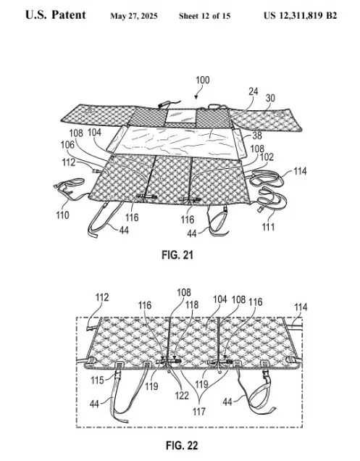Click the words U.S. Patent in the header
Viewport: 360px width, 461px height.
tap(56, 15)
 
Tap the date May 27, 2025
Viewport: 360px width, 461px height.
tap(134, 16)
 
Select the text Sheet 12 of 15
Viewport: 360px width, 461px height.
tap(204, 16)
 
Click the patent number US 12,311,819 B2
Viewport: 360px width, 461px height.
tap(300, 15)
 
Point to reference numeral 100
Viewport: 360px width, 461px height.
tap(203, 80)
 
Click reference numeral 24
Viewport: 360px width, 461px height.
tap(253, 91)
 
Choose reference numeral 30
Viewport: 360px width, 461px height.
tap(270, 98)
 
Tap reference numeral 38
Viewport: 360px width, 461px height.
tap(257, 136)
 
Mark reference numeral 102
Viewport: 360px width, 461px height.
tap(267, 157)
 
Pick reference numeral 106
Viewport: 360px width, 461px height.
tap(67, 145)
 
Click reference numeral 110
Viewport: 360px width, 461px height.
tap(62, 215)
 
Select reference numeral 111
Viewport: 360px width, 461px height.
tap(268, 227)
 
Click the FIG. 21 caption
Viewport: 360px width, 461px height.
tap(177, 254)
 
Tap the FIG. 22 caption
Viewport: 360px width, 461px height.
tap(182, 445)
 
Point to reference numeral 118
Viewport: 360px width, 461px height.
tap(192, 304)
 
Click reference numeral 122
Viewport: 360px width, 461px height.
tap(182, 396)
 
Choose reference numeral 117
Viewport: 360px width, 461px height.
tap(199, 411)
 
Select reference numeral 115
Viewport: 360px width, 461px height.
tap(97, 380)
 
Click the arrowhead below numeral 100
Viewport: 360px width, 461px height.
tap(196, 96)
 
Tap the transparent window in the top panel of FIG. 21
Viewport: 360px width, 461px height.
tap(181, 116)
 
